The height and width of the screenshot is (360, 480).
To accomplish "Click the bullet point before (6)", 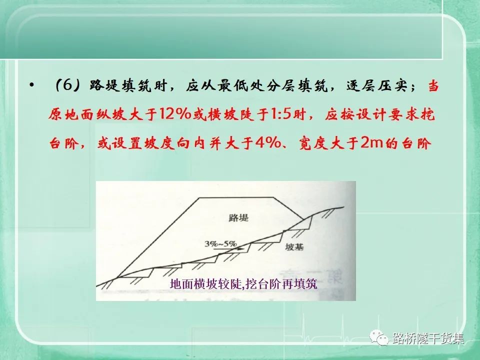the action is [x=31, y=85].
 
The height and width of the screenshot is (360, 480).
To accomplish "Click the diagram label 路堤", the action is [x=238, y=217].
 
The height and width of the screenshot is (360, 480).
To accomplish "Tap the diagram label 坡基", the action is [x=294, y=246].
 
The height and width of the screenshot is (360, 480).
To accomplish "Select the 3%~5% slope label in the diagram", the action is [x=220, y=244].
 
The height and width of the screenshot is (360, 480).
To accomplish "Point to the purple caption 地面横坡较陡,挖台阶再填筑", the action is [x=243, y=284].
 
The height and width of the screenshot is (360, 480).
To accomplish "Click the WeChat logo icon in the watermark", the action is [x=378, y=337].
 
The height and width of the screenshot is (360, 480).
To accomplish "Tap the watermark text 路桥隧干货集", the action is [x=428, y=338].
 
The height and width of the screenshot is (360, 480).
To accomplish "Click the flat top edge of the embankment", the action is [x=236, y=197].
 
